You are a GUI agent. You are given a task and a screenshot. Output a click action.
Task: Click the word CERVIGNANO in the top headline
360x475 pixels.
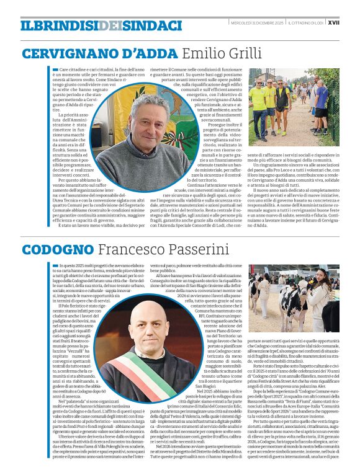[60, 53]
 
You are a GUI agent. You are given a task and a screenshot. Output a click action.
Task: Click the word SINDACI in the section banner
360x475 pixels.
[146, 25]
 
